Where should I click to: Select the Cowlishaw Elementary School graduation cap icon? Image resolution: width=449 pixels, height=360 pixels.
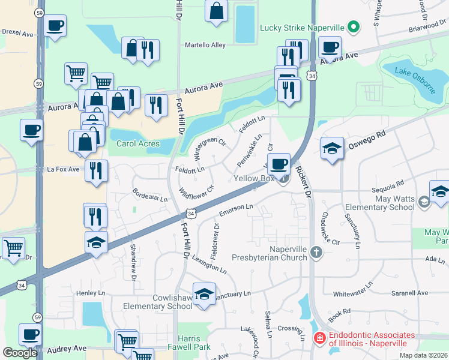pos(204,295)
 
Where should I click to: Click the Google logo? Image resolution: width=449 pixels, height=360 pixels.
pos(20,353)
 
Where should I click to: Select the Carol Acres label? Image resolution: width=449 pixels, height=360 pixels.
pos(137,143)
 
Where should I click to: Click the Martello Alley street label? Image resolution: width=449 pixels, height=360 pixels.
pos(205,45)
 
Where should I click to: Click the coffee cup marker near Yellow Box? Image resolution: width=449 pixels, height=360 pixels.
pos(278,164)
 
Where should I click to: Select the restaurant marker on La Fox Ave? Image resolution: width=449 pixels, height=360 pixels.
pos(96,171)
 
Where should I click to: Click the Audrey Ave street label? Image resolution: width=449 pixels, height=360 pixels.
pos(67,349)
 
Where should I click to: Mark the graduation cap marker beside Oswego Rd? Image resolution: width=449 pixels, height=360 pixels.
pos(332,148)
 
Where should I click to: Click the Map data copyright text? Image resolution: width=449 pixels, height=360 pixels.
pos(423,355)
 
